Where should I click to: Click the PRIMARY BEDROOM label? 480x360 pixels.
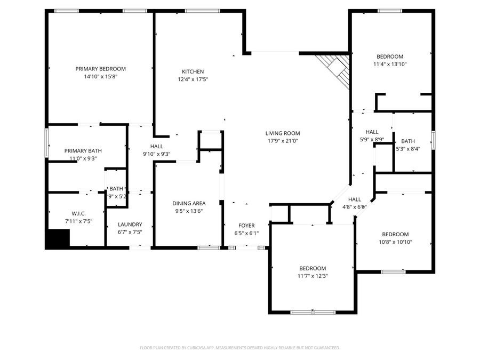click(x=100, y=69)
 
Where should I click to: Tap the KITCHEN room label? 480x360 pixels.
click(x=193, y=71)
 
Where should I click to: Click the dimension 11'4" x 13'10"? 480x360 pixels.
click(x=390, y=64)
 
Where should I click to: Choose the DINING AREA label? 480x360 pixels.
click(x=189, y=203)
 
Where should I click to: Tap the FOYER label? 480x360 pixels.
click(x=246, y=226)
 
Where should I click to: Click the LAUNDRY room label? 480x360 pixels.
click(x=130, y=225)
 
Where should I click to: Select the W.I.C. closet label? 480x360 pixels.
click(x=78, y=214)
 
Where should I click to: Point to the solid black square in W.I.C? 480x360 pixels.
click(x=58, y=238)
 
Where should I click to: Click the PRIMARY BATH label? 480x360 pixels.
click(x=83, y=151)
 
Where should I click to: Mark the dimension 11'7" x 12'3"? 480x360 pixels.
click(x=312, y=276)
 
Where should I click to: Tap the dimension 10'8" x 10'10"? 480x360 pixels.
click(x=395, y=242)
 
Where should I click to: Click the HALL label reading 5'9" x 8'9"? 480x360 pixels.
click(x=372, y=132)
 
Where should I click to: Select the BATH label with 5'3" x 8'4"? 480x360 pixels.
click(x=408, y=141)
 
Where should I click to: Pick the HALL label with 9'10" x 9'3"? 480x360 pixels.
click(x=156, y=146)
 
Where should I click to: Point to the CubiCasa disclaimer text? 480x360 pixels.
click(x=239, y=348)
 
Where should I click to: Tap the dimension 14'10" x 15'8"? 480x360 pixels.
click(x=100, y=76)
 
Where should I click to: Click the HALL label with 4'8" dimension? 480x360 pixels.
click(x=355, y=199)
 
